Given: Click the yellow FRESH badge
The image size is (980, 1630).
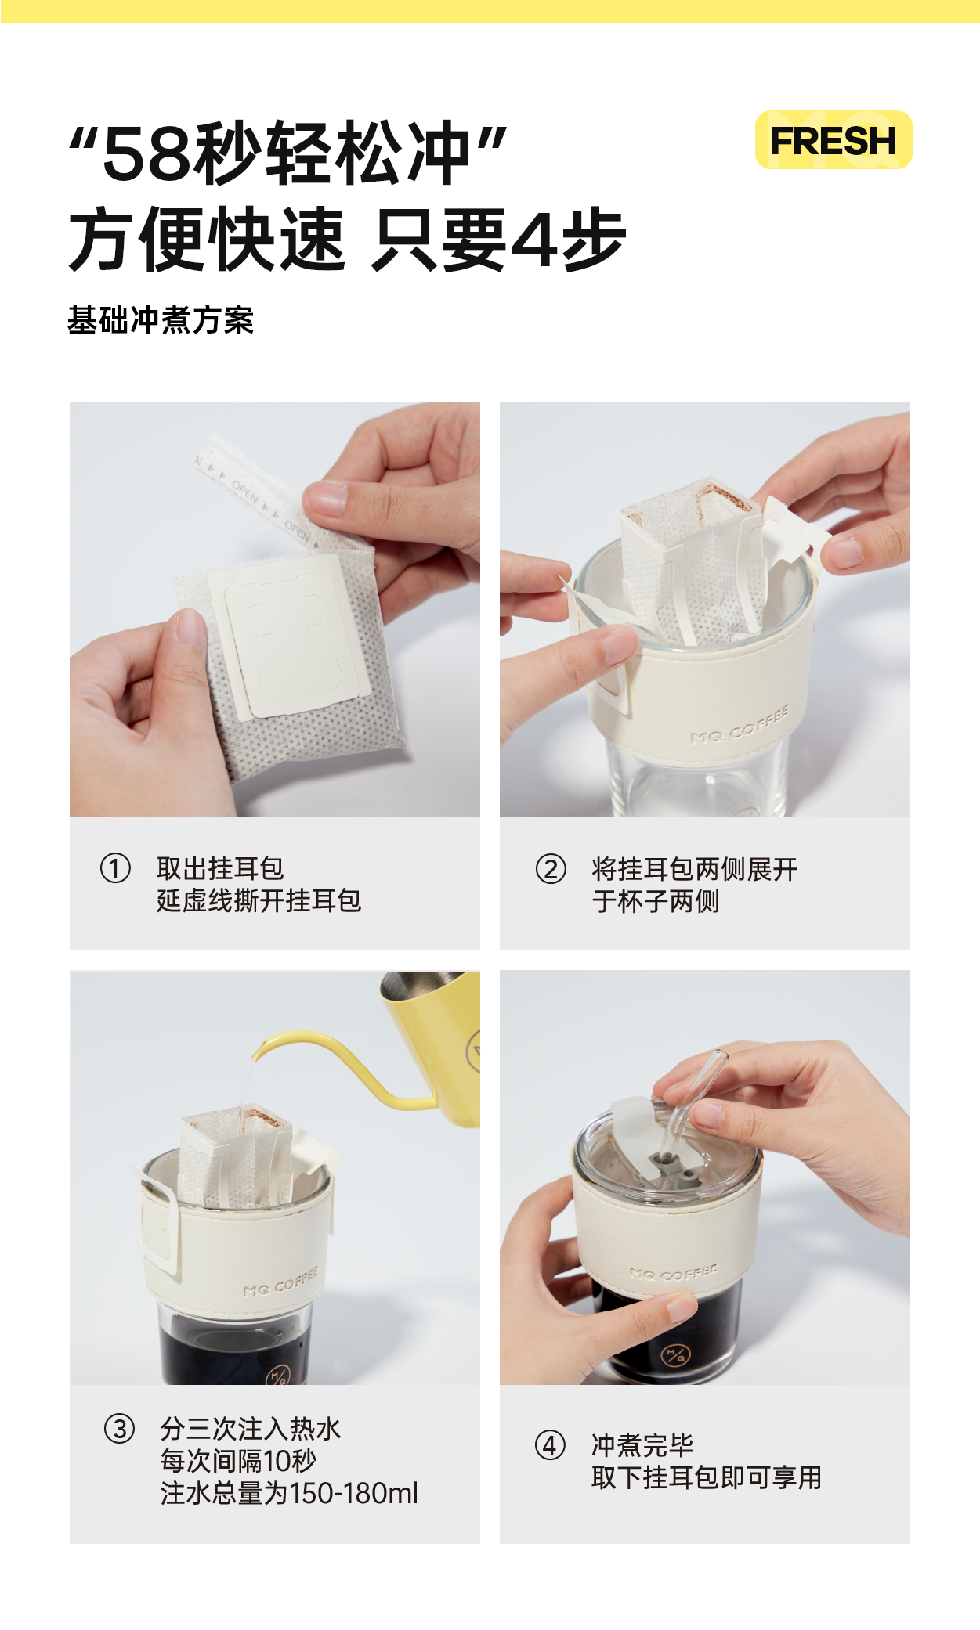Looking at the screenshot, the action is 834,140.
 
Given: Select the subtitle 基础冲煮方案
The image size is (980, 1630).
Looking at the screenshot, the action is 161,320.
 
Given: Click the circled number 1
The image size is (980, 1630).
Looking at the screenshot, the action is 115,868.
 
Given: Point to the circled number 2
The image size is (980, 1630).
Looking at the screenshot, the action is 551,869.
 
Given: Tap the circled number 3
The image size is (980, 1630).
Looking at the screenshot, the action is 120,1429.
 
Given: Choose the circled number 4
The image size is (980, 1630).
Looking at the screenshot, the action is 550,1445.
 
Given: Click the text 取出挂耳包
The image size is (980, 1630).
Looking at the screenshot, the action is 220,868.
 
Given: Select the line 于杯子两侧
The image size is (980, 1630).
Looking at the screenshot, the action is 656,901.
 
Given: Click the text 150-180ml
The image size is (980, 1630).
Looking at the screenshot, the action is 354,1494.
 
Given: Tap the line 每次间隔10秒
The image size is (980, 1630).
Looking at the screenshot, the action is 239,1461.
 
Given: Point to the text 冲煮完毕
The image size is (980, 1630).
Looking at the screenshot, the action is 642,1444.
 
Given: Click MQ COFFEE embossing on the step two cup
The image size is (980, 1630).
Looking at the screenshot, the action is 740,725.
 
